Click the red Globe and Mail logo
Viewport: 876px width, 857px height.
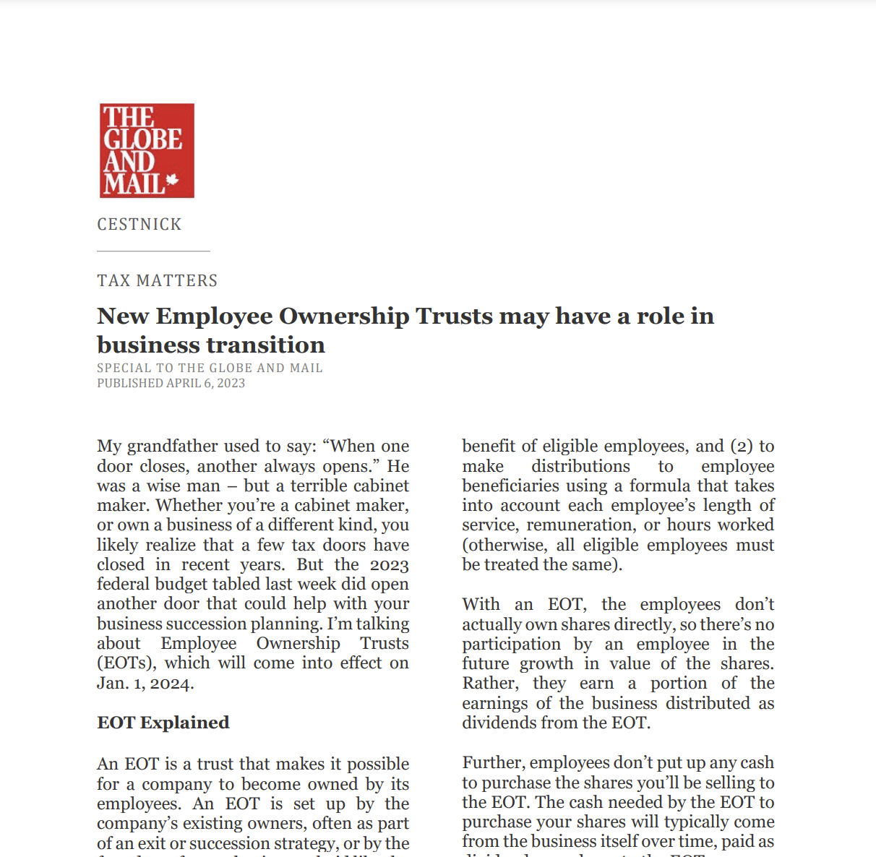click(147, 150)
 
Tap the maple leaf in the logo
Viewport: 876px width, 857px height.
click(172, 180)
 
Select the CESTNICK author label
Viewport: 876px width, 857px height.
click(139, 225)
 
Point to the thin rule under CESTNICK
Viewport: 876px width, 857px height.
click(153, 251)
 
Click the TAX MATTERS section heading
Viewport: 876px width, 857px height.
click(158, 280)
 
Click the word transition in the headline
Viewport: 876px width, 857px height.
click(267, 345)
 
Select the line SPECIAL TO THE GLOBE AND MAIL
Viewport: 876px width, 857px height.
click(210, 368)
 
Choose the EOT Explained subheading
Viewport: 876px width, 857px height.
click(163, 723)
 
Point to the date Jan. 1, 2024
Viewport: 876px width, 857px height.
click(145, 683)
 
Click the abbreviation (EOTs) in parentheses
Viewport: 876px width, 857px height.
click(126, 663)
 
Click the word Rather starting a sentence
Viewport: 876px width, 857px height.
click(489, 684)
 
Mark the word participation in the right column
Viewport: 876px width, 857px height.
click(512, 645)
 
